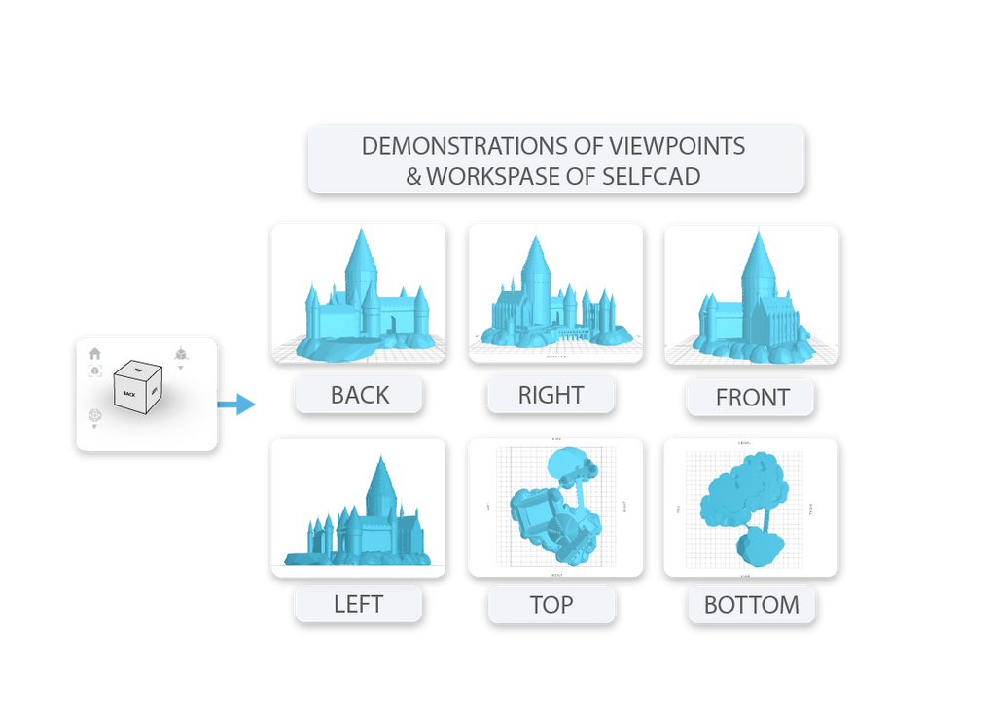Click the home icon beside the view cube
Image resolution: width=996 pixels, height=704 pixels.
95,354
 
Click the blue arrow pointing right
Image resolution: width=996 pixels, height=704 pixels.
237,404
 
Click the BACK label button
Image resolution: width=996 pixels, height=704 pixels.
359,395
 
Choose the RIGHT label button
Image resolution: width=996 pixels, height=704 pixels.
551,395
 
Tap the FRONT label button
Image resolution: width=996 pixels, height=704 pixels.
751,398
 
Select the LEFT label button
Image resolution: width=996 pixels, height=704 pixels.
358,604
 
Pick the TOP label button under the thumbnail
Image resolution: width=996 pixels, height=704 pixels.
551,605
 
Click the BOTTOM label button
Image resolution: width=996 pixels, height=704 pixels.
751,605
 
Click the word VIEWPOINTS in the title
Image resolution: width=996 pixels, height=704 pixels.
677,146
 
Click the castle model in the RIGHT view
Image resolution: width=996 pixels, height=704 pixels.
545,301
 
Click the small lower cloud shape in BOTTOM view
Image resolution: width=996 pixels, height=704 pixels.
757,546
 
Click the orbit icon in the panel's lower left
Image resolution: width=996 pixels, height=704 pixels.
94,416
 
